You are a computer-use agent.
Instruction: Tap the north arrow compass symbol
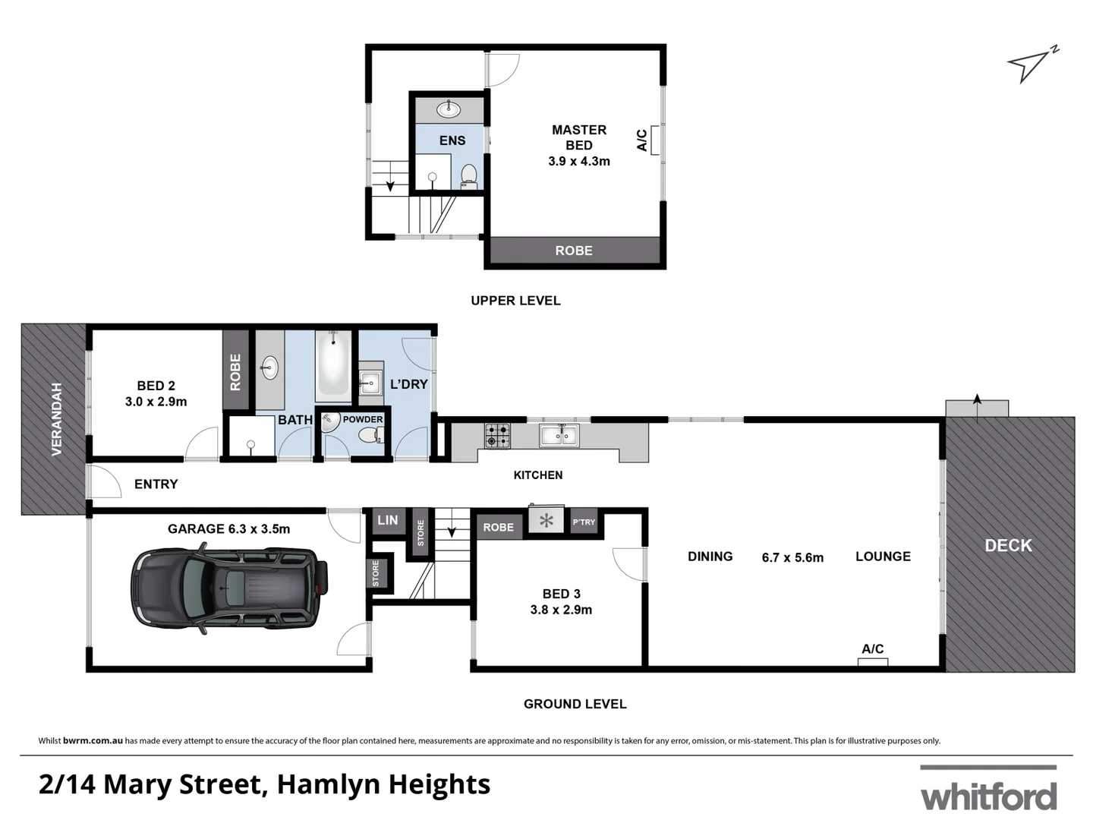click(1031, 65)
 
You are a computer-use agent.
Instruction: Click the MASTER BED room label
click(579, 137)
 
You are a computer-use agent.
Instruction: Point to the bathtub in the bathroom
click(333, 365)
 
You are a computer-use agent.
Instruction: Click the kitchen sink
click(559, 436)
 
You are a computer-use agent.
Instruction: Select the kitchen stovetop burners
click(498, 435)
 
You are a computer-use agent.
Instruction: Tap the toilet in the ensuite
click(468, 176)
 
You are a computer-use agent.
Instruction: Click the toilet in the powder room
click(369, 435)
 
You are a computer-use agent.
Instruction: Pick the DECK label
click(1008, 545)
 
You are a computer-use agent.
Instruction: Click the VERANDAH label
click(56, 419)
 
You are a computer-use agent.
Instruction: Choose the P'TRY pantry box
click(584, 522)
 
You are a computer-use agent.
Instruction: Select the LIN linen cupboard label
click(388, 520)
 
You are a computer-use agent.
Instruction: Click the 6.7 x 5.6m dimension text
click(792, 557)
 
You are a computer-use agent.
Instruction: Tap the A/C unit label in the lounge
click(872, 649)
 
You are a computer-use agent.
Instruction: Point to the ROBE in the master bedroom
click(574, 251)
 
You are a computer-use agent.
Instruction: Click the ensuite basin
click(449, 109)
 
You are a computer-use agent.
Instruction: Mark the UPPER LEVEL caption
click(515, 301)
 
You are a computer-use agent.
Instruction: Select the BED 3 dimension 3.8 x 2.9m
click(561, 610)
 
